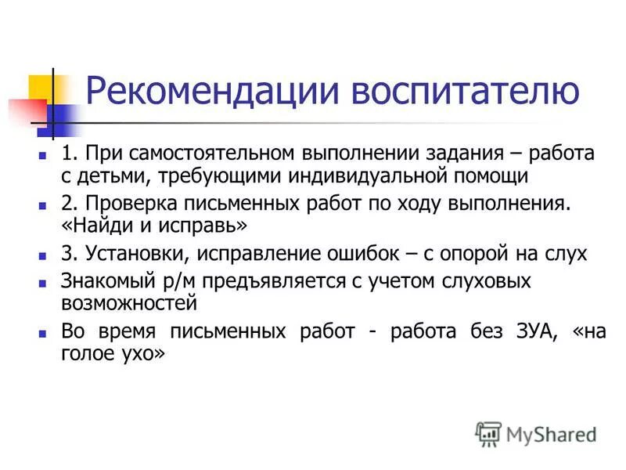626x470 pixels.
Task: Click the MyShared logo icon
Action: [x=488, y=433]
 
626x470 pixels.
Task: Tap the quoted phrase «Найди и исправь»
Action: [x=154, y=227]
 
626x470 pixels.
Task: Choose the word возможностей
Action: [x=129, y=303]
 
